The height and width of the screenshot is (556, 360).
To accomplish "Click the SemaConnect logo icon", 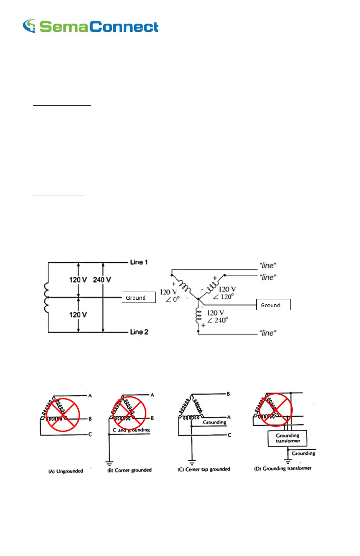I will pos(30,26).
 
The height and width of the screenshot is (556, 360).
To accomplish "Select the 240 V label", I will pos(102,280).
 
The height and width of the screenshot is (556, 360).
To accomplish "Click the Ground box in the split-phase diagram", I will pos(138,298).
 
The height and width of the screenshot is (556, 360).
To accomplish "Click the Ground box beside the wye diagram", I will pos(273,305).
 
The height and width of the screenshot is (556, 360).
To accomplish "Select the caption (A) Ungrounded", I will pos(65,472).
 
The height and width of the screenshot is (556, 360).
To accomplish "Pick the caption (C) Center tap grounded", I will pos(204,469).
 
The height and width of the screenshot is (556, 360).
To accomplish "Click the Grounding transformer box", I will pos(288,438).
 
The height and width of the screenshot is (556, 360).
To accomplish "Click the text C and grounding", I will pos(128,429).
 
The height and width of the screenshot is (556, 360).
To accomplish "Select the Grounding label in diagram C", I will pos(214,422).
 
